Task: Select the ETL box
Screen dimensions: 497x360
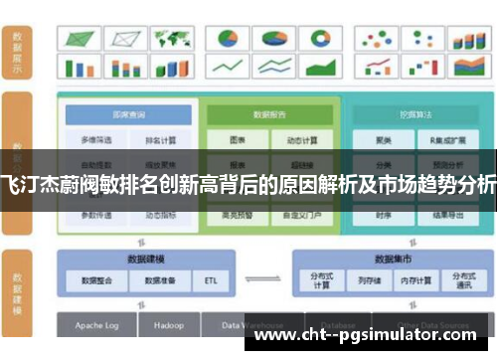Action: [x=211, y=280]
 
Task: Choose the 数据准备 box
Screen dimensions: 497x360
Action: [x=158, y=280]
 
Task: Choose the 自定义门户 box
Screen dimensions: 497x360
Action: [x=300, y=215]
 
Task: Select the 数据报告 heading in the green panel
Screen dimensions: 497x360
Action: [x=268, y=114]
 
